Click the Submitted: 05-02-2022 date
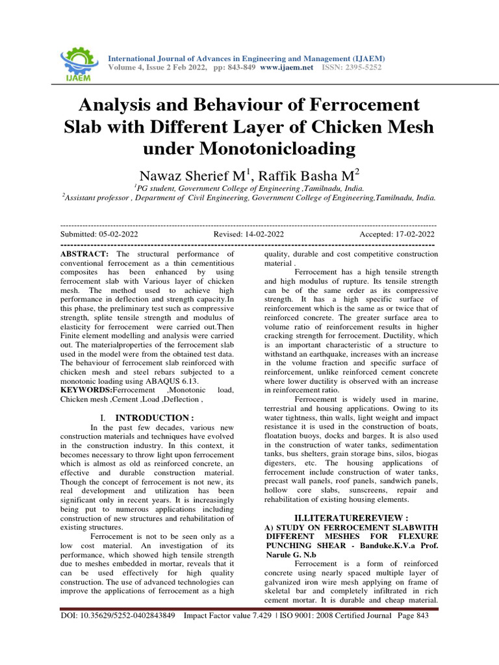tap(99, 234)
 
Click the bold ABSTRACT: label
tap(85, 253)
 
